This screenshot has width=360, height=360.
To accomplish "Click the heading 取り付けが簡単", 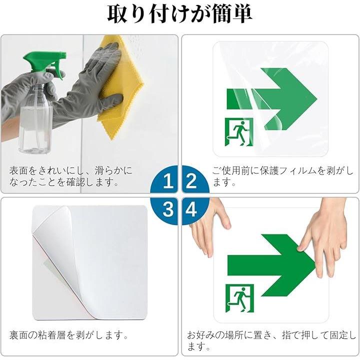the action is click(180, 14).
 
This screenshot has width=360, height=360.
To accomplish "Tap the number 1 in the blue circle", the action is click(168, 181).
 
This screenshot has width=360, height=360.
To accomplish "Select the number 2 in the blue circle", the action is click(191, 181).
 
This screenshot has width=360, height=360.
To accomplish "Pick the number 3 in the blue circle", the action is click(168, 209).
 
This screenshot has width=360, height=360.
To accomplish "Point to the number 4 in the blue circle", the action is click(191, 209).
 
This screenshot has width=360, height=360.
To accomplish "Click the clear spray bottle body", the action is click(36, 119).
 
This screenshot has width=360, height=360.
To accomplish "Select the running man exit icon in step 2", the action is click(239, 132).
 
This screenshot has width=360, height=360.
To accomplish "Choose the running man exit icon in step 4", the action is click(239, 298).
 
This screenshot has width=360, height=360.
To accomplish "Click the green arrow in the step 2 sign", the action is click(272, 99).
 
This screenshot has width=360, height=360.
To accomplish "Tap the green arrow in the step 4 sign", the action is click(272, 265).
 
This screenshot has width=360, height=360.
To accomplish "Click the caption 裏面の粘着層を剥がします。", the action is click(69, 335).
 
